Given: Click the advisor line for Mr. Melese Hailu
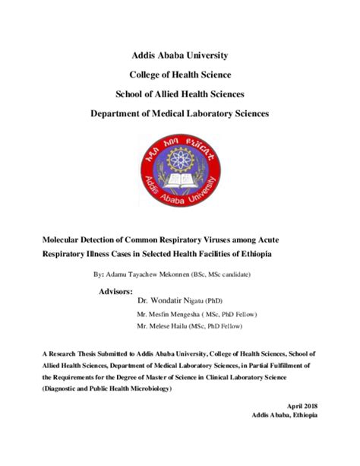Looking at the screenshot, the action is click(191, 325).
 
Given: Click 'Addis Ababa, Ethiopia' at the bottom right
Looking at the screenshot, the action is click(285, 417).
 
